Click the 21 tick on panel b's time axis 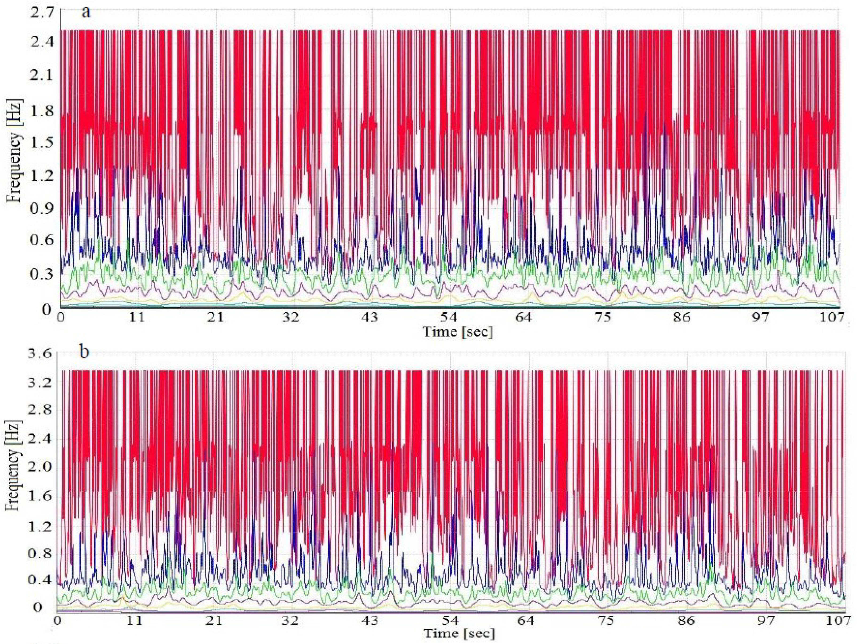[x=213, y=621]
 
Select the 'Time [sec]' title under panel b [x=459, y=634]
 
